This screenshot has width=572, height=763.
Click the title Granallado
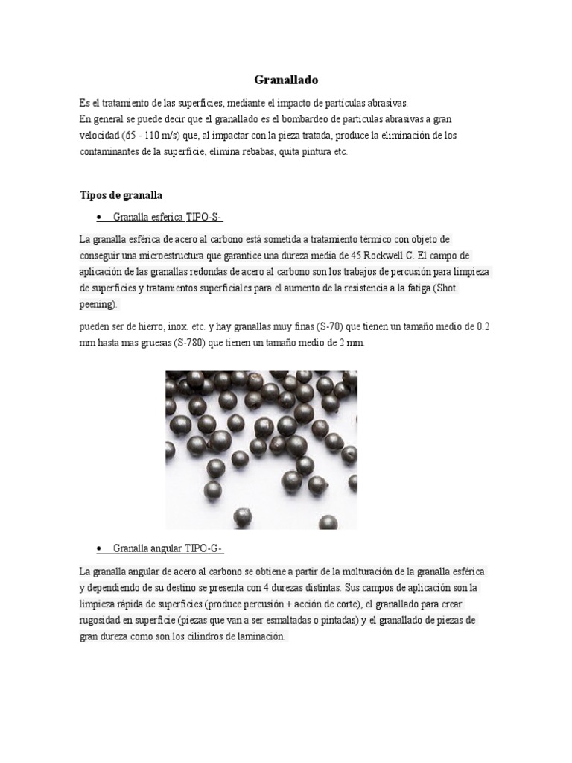pos(285,80)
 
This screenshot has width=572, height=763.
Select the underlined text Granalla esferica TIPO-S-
pos(168,217)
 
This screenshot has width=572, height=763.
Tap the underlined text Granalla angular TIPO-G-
pos(168,549)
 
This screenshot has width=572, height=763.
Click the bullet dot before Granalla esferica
pos(99,217)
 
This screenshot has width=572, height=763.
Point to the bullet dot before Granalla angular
pos(99,549)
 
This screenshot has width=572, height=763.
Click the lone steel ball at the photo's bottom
pos(242,516)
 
